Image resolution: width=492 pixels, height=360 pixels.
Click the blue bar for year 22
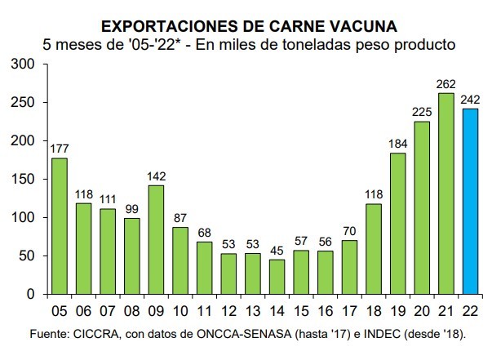click(470, 201)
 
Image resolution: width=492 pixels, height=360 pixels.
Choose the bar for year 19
click(398, 223)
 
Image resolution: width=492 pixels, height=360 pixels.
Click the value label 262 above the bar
click(446, 85)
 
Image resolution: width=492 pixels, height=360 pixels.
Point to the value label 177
click(60, 149)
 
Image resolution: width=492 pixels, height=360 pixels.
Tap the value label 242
click(470, 100)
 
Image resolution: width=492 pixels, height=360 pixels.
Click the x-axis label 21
click(446, 312)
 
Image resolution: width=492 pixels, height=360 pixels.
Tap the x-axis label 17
click(350, 312)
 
